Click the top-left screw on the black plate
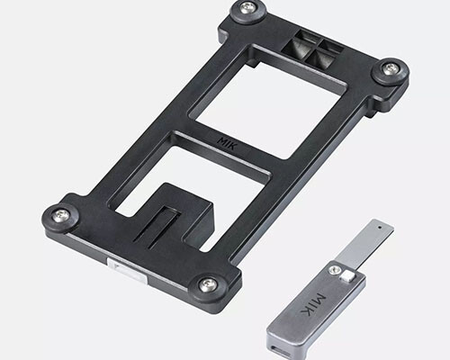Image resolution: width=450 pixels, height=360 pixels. [x=249, y=7]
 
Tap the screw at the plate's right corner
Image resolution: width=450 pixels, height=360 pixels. [x=390, y=67]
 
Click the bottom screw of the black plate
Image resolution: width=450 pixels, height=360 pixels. [x=209, y=283]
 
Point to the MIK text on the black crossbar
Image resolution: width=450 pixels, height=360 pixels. [x=228, y=144]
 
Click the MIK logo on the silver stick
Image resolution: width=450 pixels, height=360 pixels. [x=313, y=305]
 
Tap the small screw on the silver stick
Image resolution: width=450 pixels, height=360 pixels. [x=334, y=270]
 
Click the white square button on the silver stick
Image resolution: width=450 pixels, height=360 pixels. [x=348, y=275]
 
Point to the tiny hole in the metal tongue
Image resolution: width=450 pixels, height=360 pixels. [x=381, y=228]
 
